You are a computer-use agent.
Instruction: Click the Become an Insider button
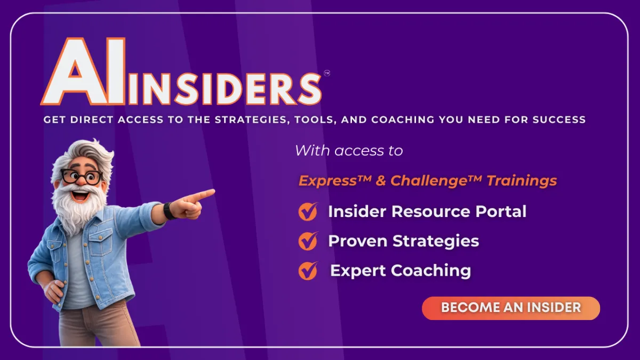[x=511, y=308]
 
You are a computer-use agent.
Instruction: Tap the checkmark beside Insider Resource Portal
[x=308, y=211]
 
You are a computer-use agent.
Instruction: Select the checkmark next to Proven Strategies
[x=308, y=241]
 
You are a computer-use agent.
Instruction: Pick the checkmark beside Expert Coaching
[x=308, y=270]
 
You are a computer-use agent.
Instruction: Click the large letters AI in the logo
[x=83, y=71]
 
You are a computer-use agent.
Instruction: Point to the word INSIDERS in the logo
[x=225, y=89]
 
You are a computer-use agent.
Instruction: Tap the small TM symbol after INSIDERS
[x=327, y=74]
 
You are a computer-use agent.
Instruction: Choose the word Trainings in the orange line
[x=522, y=181]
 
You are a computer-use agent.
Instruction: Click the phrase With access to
[x=349, y=150]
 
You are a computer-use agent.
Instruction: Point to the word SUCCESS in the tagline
[x=559, y=119]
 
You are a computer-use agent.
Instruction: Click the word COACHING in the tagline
[x=403, y=119]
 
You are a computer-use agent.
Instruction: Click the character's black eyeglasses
[x=82, y=177]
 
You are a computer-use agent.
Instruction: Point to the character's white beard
[x=77, y=209]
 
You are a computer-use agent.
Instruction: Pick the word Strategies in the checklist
[x=436, y=242]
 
